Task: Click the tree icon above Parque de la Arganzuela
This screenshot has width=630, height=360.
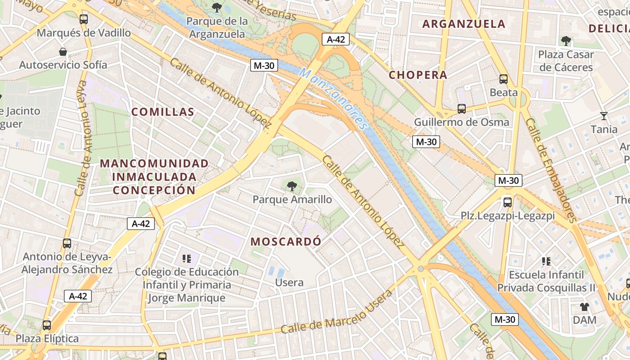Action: (217, 7)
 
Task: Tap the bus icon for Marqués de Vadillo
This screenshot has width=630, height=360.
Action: (84, 19)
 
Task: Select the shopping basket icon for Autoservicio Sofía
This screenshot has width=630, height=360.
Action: (63, 52)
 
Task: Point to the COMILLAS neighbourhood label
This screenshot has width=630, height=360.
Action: (162, 112)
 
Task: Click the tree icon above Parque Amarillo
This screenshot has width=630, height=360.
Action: (292, 186)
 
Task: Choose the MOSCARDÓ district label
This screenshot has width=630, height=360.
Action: (286, 242)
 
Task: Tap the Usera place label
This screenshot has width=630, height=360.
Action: (289, 283)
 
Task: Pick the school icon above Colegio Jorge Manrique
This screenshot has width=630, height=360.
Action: (187, 259)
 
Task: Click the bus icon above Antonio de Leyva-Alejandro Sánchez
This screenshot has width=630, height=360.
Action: (67, 243)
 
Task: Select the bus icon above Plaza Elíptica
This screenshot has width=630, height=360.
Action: (47, 325)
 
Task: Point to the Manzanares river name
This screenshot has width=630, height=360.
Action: (333, 99)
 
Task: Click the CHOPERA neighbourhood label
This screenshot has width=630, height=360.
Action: (418, 75)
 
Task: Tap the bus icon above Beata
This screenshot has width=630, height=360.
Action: (504, 80)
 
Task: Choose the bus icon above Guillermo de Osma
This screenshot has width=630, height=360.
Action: (462, 109)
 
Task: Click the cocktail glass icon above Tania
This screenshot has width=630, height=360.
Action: (604, 116)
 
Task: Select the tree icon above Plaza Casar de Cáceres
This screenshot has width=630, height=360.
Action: (566, 41)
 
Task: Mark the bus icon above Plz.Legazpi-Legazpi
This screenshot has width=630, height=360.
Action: (508, 202)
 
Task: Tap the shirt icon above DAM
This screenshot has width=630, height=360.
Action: (585, 307)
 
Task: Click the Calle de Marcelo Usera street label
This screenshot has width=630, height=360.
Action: (337, 312)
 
